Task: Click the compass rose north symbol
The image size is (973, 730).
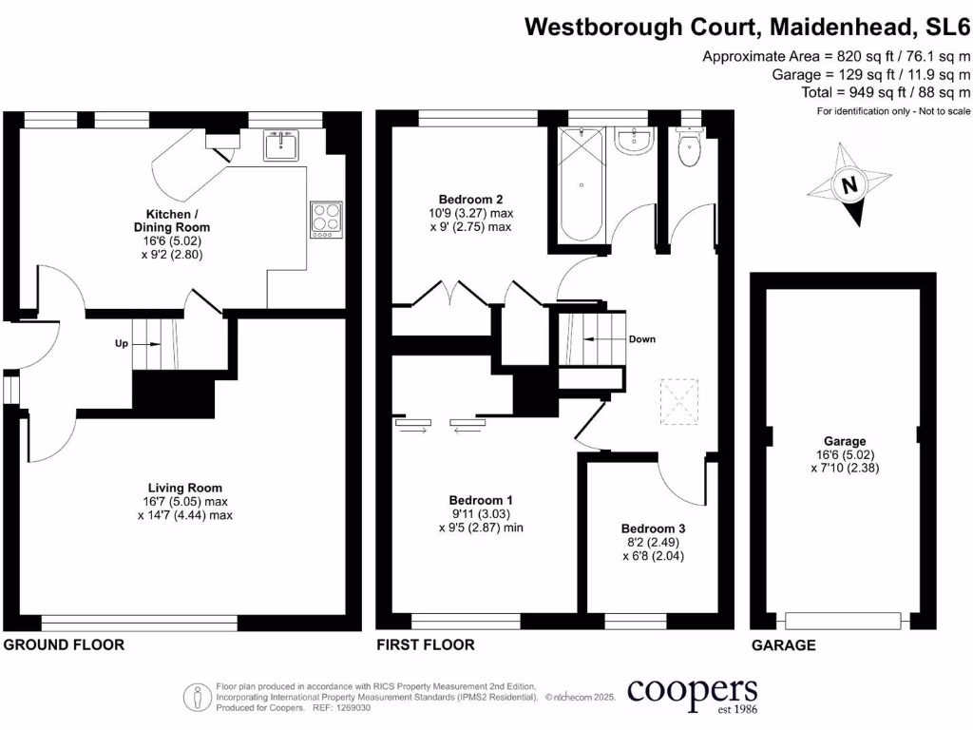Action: (850, 184)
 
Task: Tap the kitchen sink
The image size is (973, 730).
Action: (281, 146)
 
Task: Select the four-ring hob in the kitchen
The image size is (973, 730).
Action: (325, 218)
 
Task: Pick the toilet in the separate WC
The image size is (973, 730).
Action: (690, 147)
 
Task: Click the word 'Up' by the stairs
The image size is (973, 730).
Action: (122, 344)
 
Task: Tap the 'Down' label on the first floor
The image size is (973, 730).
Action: (641, 339)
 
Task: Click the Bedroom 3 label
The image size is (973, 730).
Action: (653, 528)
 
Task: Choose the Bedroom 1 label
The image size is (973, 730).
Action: (481, 500)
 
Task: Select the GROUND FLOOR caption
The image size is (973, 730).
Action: (64, 645)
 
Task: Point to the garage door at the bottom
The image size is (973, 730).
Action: (842, 621)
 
